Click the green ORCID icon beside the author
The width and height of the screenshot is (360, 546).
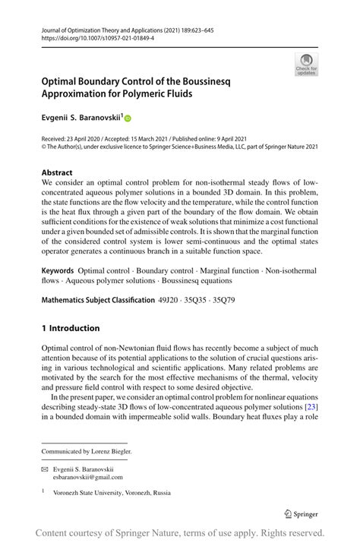128,118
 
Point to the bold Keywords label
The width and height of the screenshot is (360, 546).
58,270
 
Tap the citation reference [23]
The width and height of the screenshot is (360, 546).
311,407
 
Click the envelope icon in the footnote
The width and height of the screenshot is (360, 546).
45,468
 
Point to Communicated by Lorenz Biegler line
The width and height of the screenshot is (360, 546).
87,451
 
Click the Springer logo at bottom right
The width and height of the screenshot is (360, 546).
301,513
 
